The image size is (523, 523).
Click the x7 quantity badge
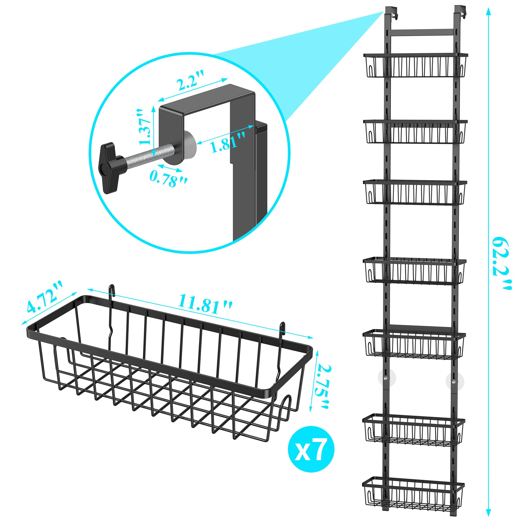[x=311, y=449]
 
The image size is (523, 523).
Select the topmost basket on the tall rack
[x=416, y=65]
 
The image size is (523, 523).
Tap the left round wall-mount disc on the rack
[x=387, y=377]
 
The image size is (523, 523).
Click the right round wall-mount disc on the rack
[x=455, y=382]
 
